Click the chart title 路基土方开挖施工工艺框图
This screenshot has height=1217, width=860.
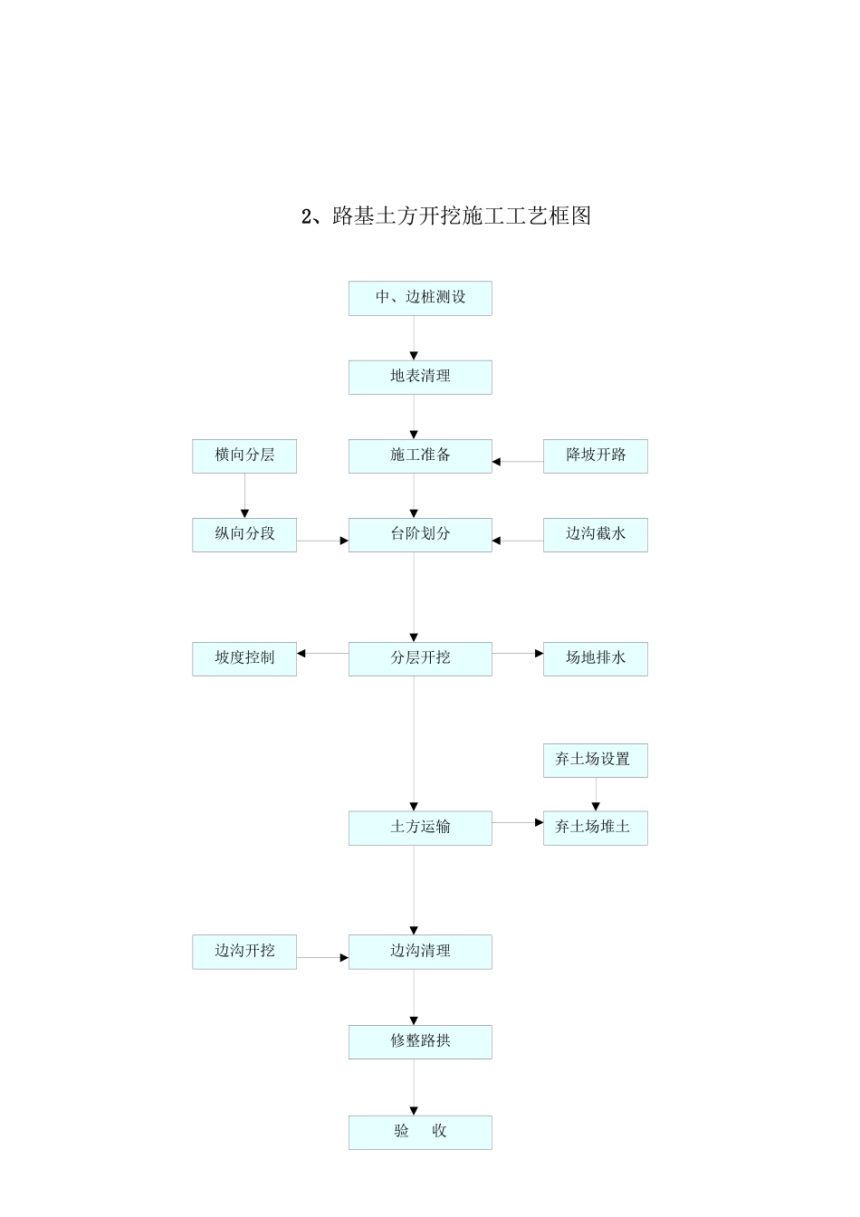[445, 216]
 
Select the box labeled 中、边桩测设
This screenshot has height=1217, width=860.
[420, 298]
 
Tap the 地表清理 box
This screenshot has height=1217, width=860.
[420, 377]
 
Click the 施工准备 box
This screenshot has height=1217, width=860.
[420, 455]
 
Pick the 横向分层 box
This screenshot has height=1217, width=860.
[244, 455]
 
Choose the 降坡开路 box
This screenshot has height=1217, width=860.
[595, 455]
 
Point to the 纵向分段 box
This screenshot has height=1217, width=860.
[244, 534]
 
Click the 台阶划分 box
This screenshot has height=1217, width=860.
[420, 534]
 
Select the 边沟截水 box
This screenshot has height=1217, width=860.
[595, 534]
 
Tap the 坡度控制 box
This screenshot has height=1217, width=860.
[244, 658]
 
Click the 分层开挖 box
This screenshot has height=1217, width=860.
[420, 658]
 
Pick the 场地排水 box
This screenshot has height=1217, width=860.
[595, 658]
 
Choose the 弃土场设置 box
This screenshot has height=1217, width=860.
[595, 760]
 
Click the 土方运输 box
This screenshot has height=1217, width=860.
[420, 828]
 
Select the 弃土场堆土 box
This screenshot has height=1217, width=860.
[595, 828]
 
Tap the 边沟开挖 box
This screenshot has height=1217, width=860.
[244, 952]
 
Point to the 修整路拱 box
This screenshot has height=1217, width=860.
[420, 1041]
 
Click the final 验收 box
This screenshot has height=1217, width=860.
[420, 1132]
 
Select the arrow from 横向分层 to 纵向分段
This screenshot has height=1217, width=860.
[244, 496]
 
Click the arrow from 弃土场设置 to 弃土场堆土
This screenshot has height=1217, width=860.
[596, 794]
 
